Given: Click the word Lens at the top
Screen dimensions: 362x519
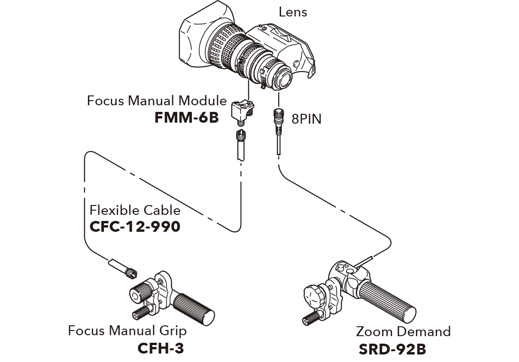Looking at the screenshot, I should point(293,12).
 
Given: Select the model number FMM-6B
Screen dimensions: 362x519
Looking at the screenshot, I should point(187,117).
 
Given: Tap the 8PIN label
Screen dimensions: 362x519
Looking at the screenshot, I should point(307,118).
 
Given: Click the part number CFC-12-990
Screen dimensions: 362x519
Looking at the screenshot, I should point(134,227).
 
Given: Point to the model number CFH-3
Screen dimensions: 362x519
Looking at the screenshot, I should point(160,348).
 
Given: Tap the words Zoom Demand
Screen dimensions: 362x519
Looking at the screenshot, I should point(403,331).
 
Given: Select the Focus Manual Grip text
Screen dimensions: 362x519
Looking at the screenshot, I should point(127,331).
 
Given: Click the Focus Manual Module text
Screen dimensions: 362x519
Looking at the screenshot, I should point(157,101).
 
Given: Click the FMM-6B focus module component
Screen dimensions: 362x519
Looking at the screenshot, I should point(242,111).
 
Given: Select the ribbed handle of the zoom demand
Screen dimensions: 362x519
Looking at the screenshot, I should point(391,301).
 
